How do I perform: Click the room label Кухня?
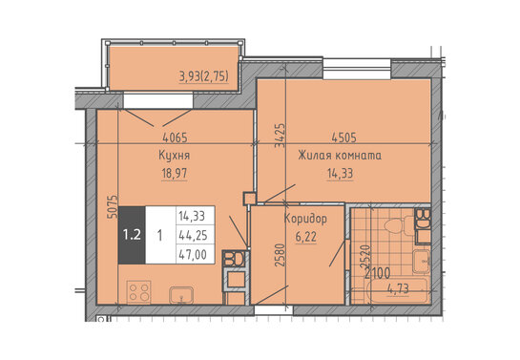click(174, 156)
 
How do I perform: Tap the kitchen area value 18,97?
click(175, 173)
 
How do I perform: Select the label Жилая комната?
click(340, 156)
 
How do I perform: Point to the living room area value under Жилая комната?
click(340, 173)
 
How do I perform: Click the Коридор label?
click(305, 219)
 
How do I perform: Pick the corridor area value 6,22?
click(305, 237)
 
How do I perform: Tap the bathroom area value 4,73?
click(398, 288)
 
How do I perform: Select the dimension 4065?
click(175, 138)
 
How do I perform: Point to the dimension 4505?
click(343, 138)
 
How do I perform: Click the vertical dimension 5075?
click(113, 206)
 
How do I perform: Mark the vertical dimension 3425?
click(280, 135)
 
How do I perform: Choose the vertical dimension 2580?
click(280, 255)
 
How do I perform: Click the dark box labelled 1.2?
click(132, 235)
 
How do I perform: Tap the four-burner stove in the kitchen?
click(139, 292)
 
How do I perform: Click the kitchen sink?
click(181, 295)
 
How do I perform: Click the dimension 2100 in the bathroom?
click(378, 273)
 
